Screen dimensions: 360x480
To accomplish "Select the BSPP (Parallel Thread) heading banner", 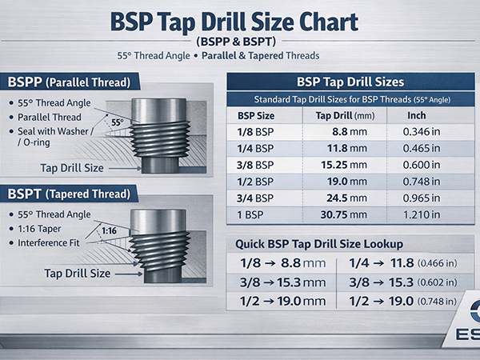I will [72, 82].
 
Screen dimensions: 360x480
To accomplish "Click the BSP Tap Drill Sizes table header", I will [350, 82].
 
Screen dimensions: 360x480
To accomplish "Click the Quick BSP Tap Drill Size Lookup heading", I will [318, 244].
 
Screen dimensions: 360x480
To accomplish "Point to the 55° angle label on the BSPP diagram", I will [117, 122].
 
